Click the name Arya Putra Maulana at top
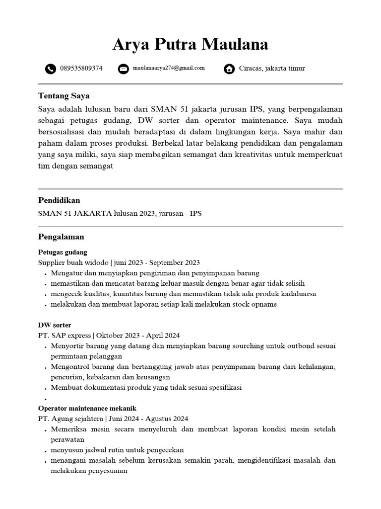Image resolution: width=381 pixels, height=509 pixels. pyautogui.click(x=190, y=45)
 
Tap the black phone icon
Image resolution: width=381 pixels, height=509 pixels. pyautogui.click(x=50, y=69)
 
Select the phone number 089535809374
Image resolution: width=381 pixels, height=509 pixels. pyautogui.click(x=81, y=69)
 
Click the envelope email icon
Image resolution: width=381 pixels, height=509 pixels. pyautogui.click(x=124, y=69)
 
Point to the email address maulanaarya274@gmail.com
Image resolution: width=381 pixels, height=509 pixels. pyautogui.click(x=169, y=68)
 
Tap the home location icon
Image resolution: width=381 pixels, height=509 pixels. pyautogui.click(x=229, y=69)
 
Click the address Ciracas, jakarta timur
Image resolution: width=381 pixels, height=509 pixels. pyautogui.click(x=272, y=69)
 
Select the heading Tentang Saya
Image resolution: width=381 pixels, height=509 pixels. pyautogui.click(x=64, y=96)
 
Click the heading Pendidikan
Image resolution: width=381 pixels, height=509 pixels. pyautogui.click(x=59, y=200)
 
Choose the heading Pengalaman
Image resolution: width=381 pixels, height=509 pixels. pyautogui.click(x=61, y=237)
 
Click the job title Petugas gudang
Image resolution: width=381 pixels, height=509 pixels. pyautogui.click(x=63, y=252)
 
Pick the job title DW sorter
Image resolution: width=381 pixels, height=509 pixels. pyautogui.click(x=55, y=325)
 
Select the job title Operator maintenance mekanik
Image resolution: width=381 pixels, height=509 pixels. pyautogui.click(x=87, y=408)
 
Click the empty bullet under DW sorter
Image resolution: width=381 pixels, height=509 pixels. pyautogui.click(x=45, y=399)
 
